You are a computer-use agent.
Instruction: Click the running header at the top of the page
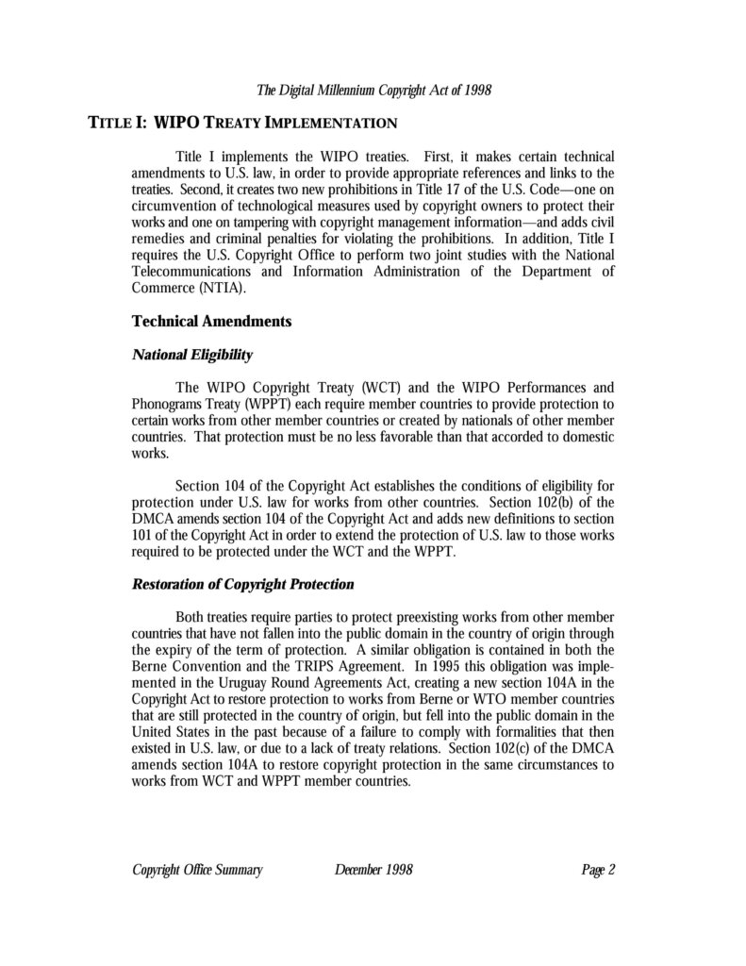[x=374, y=91]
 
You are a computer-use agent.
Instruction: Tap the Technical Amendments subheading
[x=211, y=321]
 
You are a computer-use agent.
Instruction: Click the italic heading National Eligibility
[x=191, y=355]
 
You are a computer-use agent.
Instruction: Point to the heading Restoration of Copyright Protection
[x=242, y=584]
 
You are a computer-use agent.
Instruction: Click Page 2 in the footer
[x=598, y=870]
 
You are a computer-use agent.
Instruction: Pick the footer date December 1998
[x=373, y=870]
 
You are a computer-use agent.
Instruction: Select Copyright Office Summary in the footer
[x=197, y=870]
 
